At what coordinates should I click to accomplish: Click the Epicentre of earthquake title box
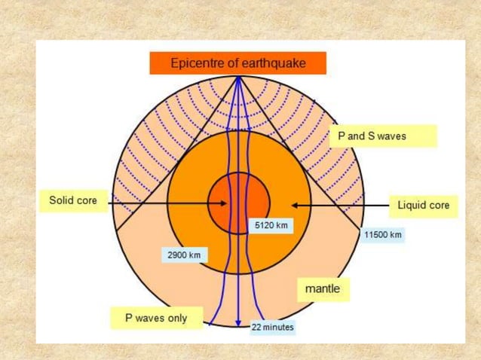click(x=238, y=63)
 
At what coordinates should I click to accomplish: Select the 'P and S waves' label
click(x=382, y=136)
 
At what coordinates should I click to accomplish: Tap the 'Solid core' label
click(x=72, y=201)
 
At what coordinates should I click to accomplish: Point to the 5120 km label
click(x=271, y=225)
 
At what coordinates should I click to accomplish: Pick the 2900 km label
click(x=184, y=255)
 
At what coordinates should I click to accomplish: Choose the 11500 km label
click(x=383, y=235)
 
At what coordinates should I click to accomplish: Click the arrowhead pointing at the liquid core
click(x=296, y=205)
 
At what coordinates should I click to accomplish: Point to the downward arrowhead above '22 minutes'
click(x=238, y=319)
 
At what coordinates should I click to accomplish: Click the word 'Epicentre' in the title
click(x=198, y=63)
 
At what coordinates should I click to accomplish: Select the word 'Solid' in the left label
click(x=60, y=201)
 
